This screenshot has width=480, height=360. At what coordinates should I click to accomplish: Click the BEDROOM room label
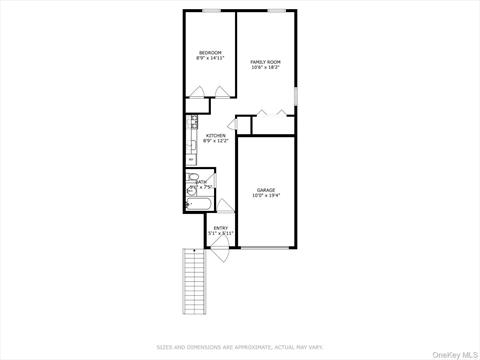click(x=210, y=52)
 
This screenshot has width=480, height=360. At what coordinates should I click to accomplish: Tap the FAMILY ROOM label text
click(x=265, y=62)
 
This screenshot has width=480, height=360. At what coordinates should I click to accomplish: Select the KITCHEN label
click(x=216, y=136)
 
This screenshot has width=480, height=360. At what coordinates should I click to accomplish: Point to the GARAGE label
click(x=266, y=189)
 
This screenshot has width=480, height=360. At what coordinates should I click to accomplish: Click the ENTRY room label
click(x=221, y=227)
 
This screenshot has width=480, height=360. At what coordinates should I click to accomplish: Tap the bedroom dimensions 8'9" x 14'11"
click(x=210, y=58)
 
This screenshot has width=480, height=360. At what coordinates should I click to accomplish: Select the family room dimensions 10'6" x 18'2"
click(x=265, y=68)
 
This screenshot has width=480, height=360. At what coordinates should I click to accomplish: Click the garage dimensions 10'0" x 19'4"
click(x=266, y=195)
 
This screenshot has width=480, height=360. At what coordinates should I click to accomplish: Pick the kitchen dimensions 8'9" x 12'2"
click(x=216, y=142)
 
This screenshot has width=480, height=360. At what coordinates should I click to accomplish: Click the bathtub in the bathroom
click(x=197, y=206)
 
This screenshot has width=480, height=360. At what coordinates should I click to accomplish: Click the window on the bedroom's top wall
click(x=211, y=11)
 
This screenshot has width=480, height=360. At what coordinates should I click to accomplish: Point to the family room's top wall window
click(x=277, y=11)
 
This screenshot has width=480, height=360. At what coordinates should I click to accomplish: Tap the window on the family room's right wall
click(x=296, y=96)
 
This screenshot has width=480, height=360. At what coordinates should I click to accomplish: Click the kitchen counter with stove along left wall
click(x=189, y=140)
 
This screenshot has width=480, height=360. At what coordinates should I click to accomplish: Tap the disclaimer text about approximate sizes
click(x=240, y=347)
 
